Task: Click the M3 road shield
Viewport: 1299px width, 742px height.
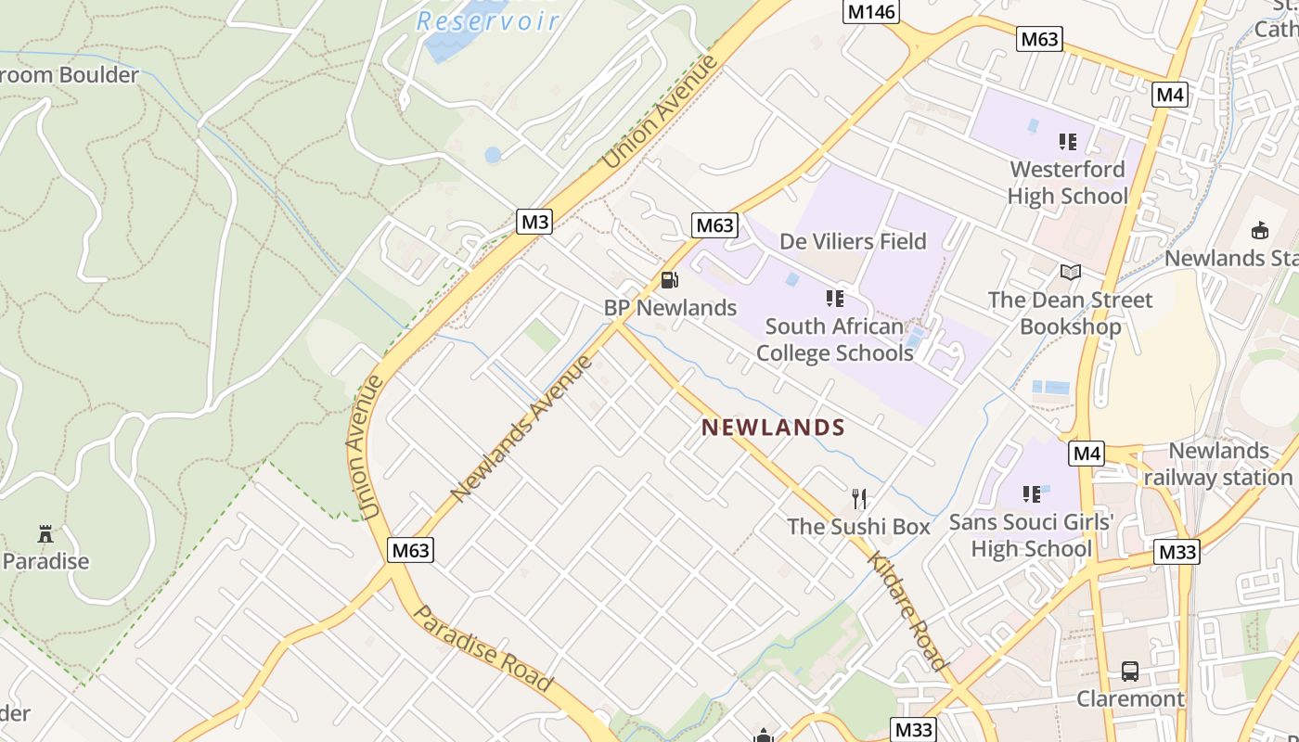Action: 535,222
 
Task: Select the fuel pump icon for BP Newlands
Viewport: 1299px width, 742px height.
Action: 668,279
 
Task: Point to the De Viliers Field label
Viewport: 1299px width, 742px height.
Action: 853,241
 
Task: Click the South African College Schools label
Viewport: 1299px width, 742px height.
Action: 834,339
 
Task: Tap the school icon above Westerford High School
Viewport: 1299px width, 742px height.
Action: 1067,142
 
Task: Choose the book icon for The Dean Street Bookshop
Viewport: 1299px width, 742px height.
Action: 1071,272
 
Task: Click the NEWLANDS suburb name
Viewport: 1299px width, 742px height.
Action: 773,428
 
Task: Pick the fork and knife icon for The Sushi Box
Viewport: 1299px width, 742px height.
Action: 859,499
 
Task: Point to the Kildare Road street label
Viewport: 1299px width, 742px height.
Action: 907,610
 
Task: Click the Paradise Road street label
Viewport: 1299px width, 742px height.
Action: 482,648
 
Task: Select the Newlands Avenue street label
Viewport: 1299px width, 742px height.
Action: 521,428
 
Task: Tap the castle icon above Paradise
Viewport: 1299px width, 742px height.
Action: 45,534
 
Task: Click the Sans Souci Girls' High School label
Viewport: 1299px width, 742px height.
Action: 1031,535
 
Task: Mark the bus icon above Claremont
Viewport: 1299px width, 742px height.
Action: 1129,672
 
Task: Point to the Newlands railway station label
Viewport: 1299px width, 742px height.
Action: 1218,464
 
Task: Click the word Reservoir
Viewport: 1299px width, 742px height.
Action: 487,20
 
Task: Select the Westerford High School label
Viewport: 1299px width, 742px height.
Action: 1067,183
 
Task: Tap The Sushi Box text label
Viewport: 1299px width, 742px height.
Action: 858,527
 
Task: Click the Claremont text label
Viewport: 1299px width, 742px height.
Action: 1130,698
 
